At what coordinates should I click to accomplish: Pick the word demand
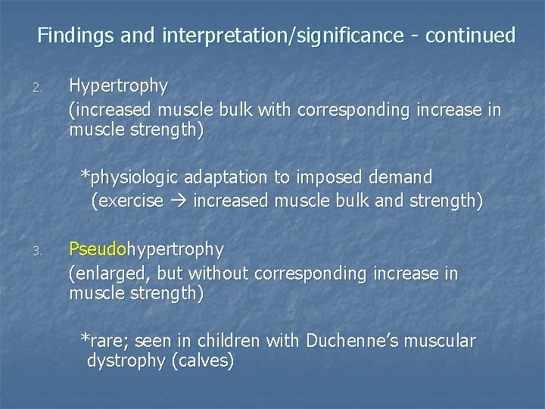pyautogui.click(x=399, y=178)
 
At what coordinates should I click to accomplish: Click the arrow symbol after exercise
pyautogui.click(x=179, y=202)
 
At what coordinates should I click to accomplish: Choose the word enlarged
pyautogui.click(x=106, y=273)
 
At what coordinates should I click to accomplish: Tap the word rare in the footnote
pyautogui.click(x=107, y=342)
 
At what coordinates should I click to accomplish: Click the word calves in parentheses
pyautogui.click(x=202, y=362)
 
